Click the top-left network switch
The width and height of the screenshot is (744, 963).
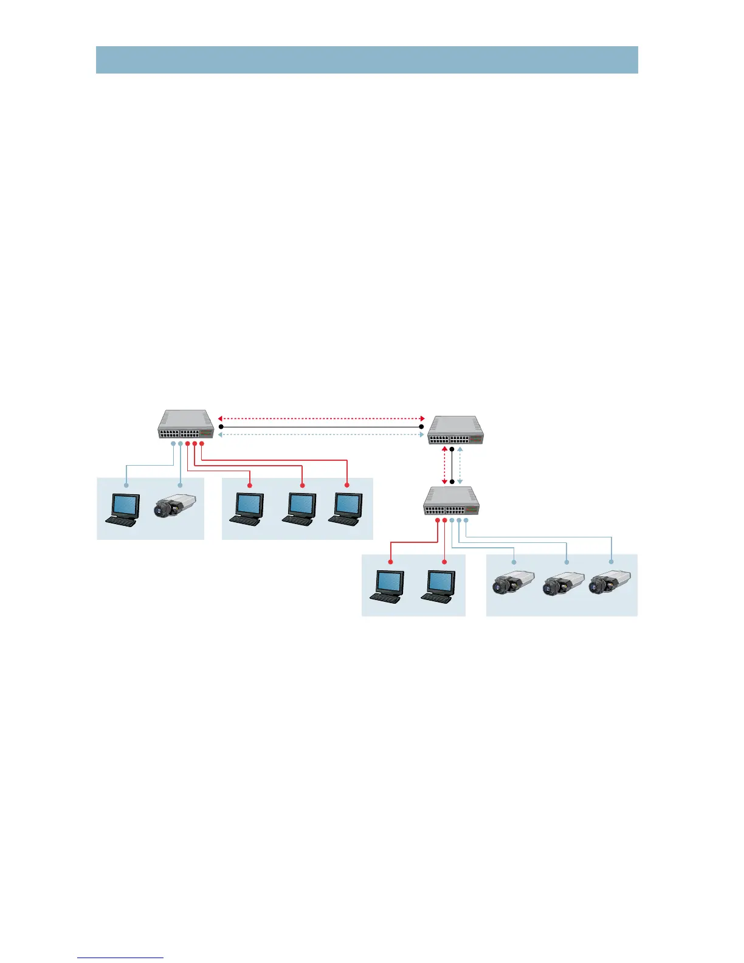point(187,425)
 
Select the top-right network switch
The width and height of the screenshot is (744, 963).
point(456,431)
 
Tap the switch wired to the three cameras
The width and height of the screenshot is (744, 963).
point(452,502)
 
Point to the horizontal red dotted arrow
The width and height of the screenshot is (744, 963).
point(321,419)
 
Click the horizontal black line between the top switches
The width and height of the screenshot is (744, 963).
point(321,427)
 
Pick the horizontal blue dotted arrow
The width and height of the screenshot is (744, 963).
point(321,435)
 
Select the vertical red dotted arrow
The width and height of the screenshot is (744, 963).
point(444,465)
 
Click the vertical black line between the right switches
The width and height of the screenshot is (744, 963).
point(452,465)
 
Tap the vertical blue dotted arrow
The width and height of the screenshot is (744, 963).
point(460,465)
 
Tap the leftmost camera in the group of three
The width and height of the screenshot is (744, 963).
point(513,584)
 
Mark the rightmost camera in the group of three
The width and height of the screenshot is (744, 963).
point(610,584)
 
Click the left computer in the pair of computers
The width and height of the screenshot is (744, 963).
point(387,586)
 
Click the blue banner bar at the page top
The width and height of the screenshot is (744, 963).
point(367,60)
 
